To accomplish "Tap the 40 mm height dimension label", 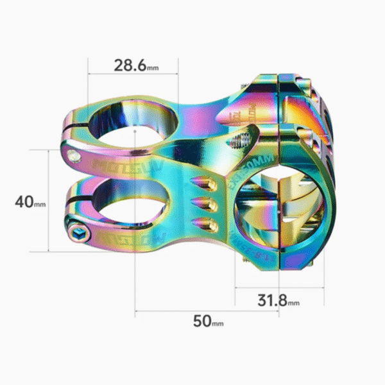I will click(x=30, y=201).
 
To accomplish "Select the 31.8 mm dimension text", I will click(x=278, y=300).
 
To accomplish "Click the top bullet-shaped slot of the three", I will click(x=204, y=183).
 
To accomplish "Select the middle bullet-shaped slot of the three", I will click(x=205, y=204).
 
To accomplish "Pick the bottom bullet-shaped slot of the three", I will click(x=207, y=225).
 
